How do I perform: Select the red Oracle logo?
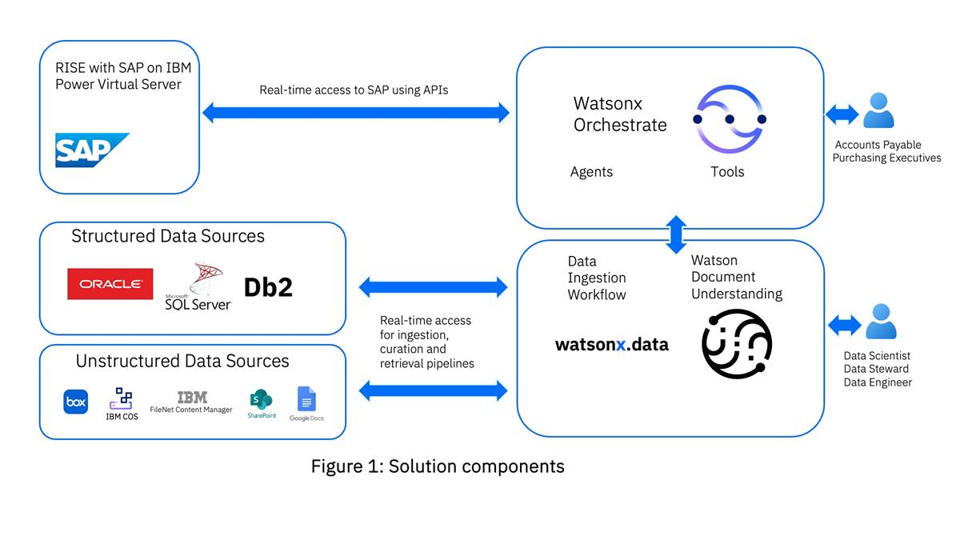pyautogui.click(x=110, y=284)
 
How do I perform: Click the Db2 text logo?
pyautogui.click(x=268, y=286)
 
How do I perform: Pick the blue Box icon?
pyautogui.click(x=75, y=402)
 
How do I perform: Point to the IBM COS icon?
pyautogui.click(x=122, y=403)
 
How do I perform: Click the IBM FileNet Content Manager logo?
pyautogui.click(x=191, y=402)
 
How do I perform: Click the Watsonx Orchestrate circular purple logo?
pyautogui.click(x=729, y=119)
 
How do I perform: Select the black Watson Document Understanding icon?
pyautogui.click(x=736, y=343)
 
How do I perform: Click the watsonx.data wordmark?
pyautogui.click(x=612, y=345)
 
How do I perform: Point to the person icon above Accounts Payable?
pyautogui.click(x=878, y=111)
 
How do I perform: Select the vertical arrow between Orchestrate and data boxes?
pyautogui.click(x=677, y=234)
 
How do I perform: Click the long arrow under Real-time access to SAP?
pyautogui.click(x=356, y=113)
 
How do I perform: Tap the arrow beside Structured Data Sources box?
pyautogui.click(x=434, y=286)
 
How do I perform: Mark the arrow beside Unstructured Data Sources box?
pyautogui.click(x=434, y=390)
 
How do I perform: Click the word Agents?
pyautogui.click(x=591, y=172)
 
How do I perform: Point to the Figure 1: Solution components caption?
pyautogui.click(x=438, y=466)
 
